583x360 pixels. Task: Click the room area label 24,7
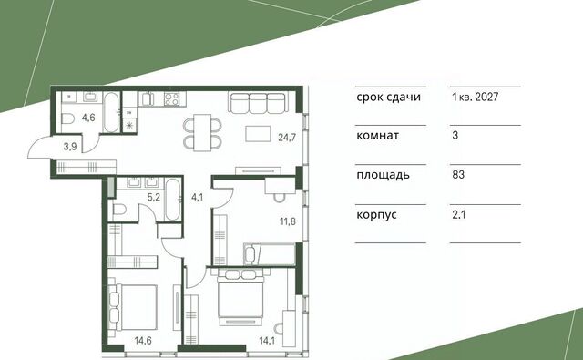coord(287,138)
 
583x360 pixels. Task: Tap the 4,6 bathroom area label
coord(88,118)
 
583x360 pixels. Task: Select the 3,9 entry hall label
coord(70,147)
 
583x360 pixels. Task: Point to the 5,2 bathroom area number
coord(154,197)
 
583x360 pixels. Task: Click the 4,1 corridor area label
coord(197,197)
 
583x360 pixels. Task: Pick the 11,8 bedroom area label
coord(288,221)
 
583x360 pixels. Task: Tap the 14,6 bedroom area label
coord(143,340)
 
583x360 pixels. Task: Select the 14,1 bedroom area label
coord(267,340)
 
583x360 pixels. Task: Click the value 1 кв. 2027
coord(476,98)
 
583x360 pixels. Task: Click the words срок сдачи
coord(389,98)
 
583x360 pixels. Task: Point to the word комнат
coord(377,136)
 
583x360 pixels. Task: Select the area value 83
coord(458,174)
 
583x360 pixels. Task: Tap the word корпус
coord(376,215)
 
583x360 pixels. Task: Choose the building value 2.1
coord(459,214)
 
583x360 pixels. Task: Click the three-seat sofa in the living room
coord(259,103)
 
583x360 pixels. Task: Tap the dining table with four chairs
coord(202,132)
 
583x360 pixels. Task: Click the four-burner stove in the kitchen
coord(172,99)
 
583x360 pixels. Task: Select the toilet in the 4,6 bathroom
coord(69,120)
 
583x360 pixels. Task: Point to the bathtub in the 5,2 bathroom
coord(172,201)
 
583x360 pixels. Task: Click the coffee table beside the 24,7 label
coord(258,133)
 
